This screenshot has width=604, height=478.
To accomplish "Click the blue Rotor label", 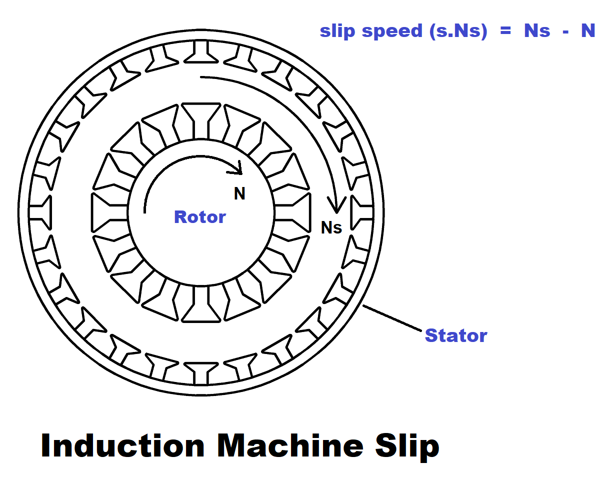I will click(x=199, y=217).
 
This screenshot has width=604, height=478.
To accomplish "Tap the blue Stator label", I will click(x=455, y=335).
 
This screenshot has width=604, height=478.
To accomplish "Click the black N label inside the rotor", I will click(x=240, y=194).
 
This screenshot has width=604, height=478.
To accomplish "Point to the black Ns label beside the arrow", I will click(x=331, y=228).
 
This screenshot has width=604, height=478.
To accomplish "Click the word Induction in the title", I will click(x=123, y=445).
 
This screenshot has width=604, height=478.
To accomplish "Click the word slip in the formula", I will click(x=338, y=31).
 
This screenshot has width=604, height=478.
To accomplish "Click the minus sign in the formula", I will click(x=565, y=31).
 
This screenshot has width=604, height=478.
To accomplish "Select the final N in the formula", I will click(x=587, y=31).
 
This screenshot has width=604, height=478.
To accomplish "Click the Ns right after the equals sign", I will click(x=537, y=31).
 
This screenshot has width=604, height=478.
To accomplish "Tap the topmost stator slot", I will click(x=201, y=52).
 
